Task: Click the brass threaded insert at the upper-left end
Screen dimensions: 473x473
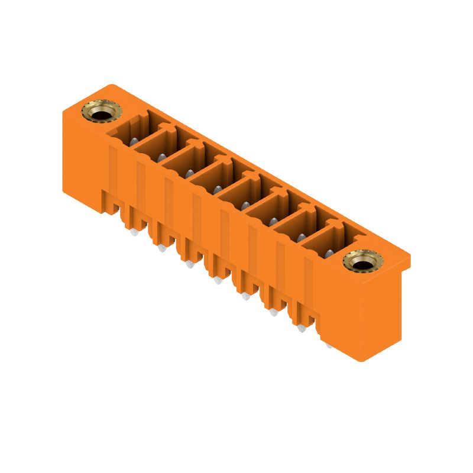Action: pyautogui.click(x=98, y=111)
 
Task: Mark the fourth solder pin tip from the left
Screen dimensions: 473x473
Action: pyautogui.click(x=218, y=280)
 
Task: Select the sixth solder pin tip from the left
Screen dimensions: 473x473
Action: pyautogui.click(x=274, y=312)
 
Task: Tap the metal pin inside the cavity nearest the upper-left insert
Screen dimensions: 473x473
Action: pyautogui.click(x=134, y=141)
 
